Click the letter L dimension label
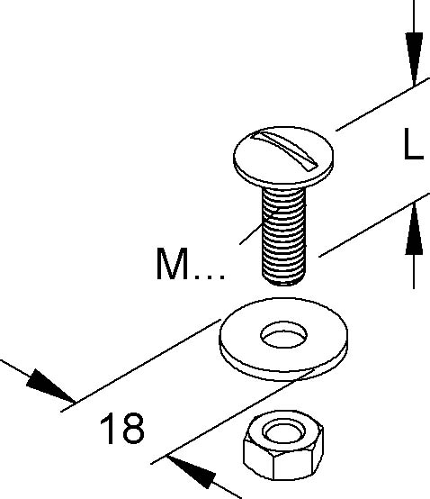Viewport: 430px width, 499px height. (413, 144)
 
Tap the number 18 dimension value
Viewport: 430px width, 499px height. (122, 428)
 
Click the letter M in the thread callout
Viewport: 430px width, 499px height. (172, 264)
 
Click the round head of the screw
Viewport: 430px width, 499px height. (283, 156)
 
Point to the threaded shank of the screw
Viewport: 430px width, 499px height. (283, 235)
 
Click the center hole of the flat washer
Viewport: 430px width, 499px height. (283, 334)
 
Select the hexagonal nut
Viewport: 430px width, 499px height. (283, 446)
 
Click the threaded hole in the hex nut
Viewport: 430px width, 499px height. (283, 431)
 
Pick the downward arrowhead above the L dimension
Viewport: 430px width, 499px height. (414, 59)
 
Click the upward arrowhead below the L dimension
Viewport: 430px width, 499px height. (414, 229)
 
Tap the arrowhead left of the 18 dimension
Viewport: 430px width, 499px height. (51, 386)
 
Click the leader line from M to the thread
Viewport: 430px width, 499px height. (259, 227)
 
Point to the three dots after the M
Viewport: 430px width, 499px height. (210, 277)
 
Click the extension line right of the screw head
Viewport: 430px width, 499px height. (383, 104)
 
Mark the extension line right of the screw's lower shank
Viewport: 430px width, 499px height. (374, 224)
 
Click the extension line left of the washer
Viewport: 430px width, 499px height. (140, 366)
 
